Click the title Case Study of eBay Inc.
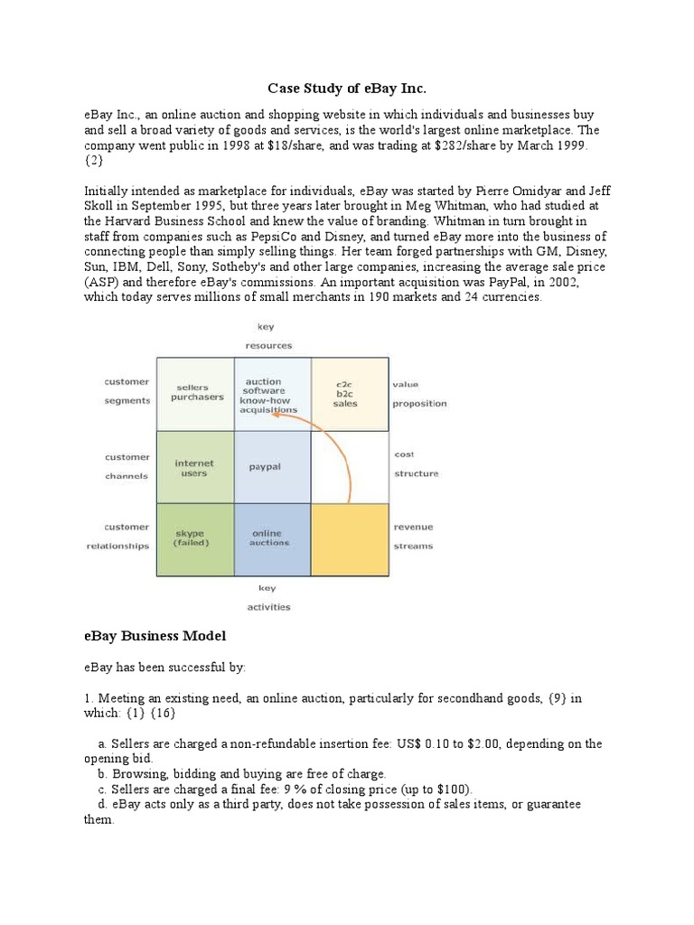click(346, 89)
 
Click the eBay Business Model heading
click(161, 636)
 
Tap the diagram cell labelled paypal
click(266, 467)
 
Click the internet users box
click(193, 468)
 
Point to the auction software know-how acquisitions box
click(263, 396)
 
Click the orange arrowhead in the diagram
click(276, 414)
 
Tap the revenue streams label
click(413, 537)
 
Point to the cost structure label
click(416, 464)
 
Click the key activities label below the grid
click(268, 597)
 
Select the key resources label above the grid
click(268, 337)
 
